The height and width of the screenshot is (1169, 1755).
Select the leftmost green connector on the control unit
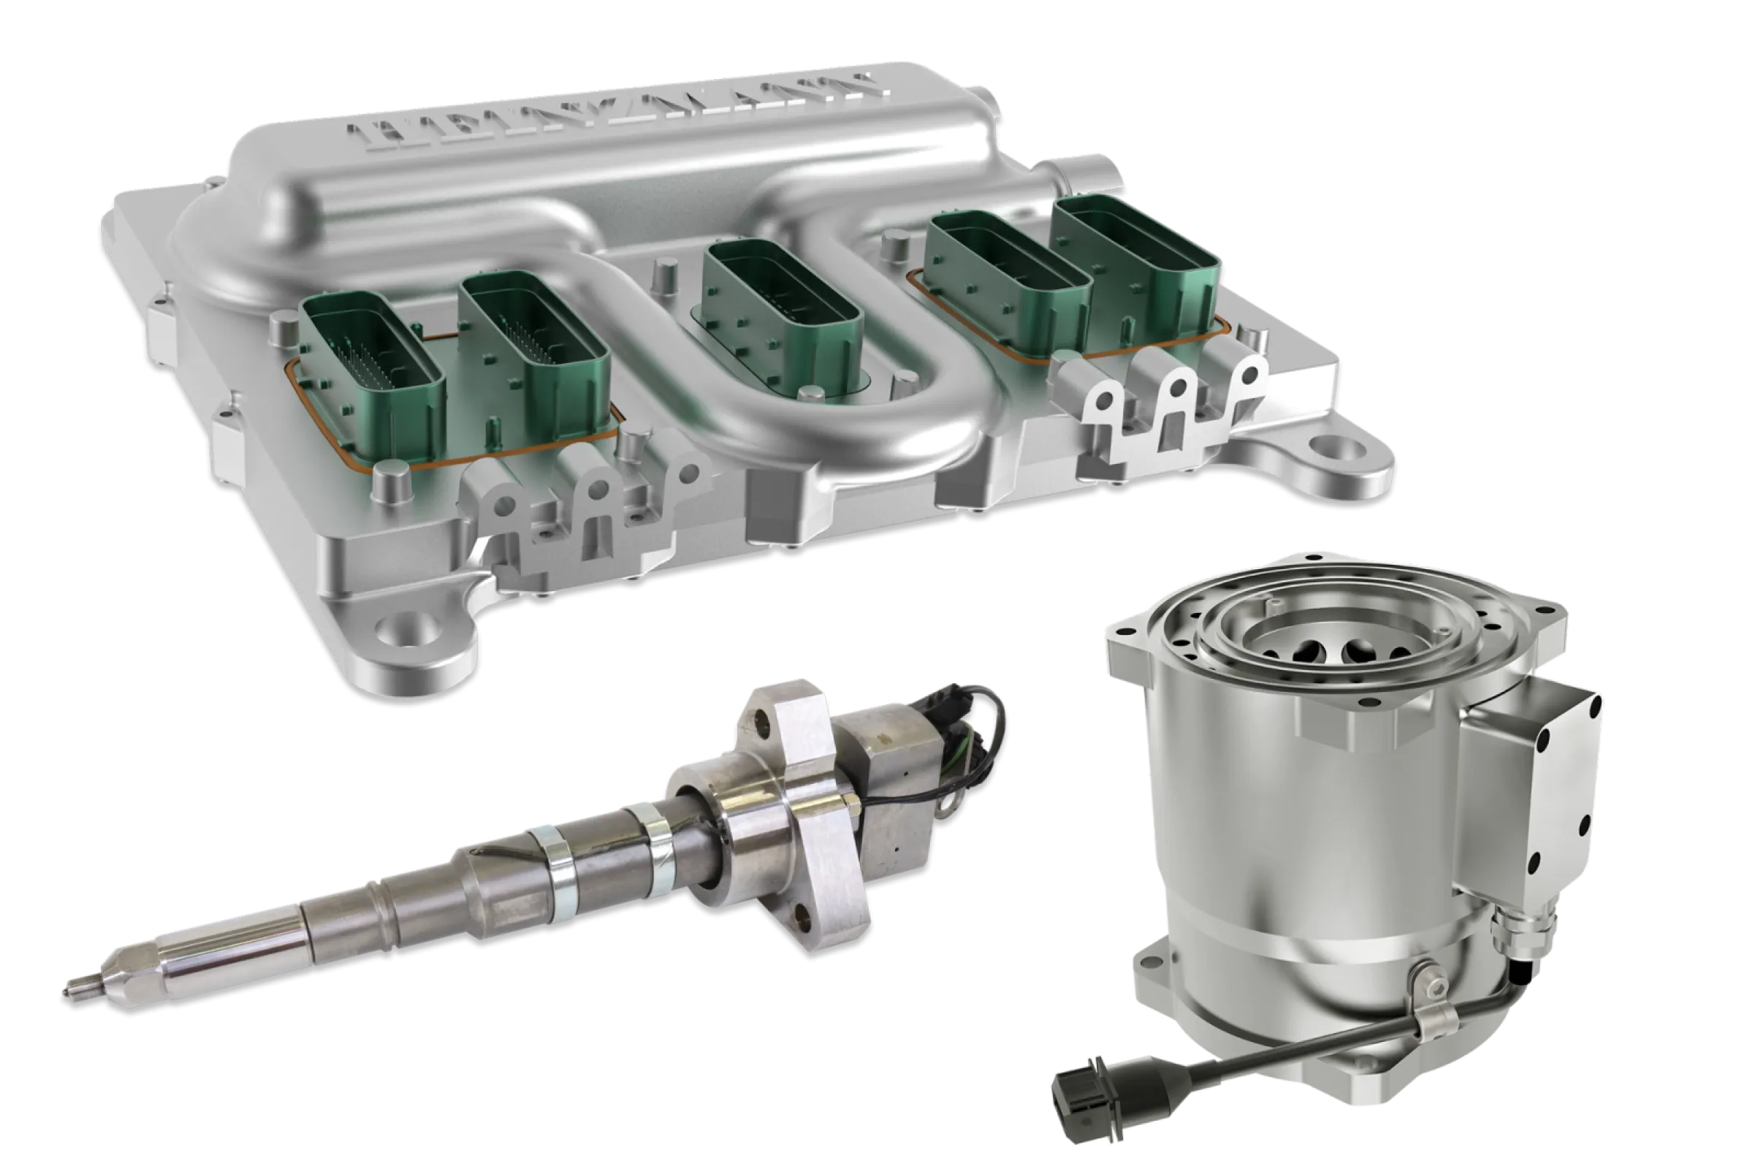373,373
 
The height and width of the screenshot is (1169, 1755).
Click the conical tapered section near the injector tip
134,970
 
